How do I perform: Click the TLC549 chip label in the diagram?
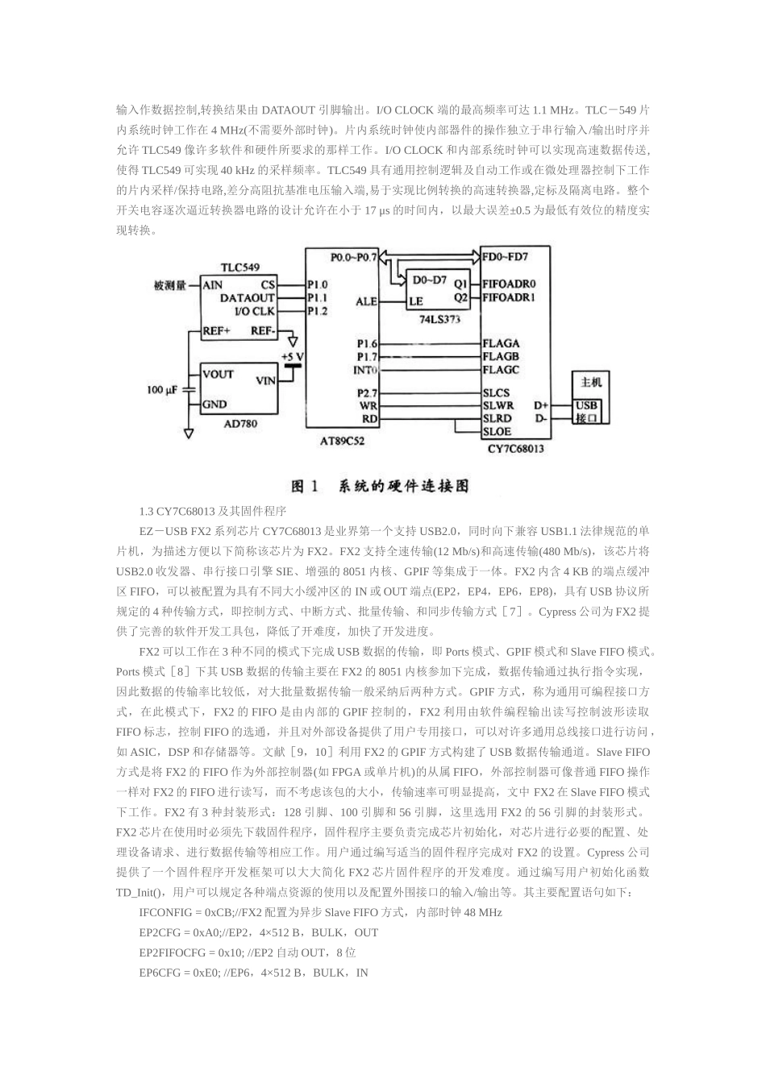[x=240, y=267]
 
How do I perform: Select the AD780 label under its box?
[x=240, y=424]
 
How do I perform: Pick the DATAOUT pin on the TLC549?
[x=248, y=297]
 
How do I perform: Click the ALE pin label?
[x=366, y=301]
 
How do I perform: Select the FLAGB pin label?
[x=501, y=356]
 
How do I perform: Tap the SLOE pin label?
[x=497, y=432]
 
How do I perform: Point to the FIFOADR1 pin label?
[x=510, y=297]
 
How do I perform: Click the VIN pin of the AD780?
[x=267, y=380]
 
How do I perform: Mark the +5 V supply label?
[x=292, y=356]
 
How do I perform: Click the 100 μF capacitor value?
[x=163, y=390]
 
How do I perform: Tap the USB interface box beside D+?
[x=586, y=412]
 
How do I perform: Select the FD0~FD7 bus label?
[x=506, y=257]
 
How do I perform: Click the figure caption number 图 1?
[x=306, y=486]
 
